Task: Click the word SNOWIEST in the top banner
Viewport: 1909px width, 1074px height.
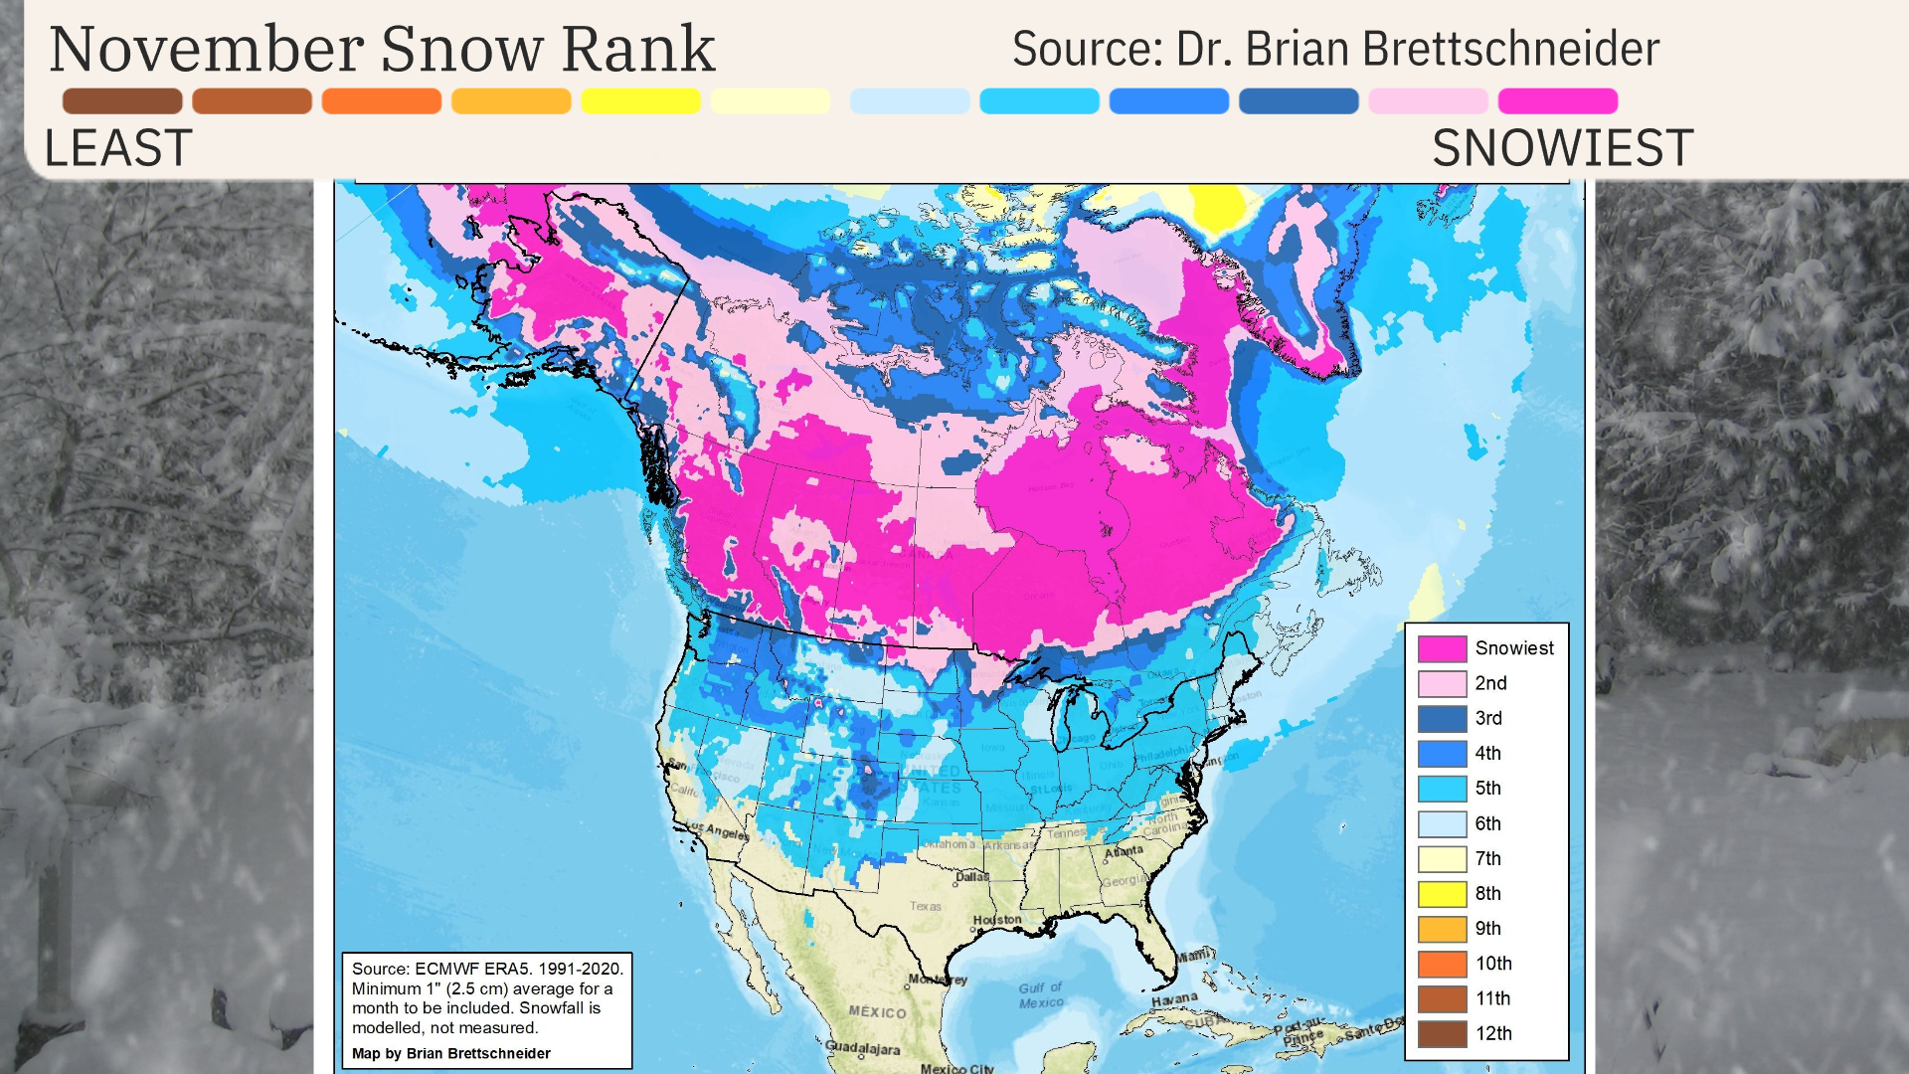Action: (x=1562, y=148)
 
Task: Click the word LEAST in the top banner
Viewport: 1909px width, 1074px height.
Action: (x=117, y=148)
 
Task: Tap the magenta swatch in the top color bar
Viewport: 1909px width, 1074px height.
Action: (x=1557, y=100)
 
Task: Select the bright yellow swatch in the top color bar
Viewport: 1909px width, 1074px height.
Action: (x=640, y=100)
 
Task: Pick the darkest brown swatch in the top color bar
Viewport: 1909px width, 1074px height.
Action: (x=122, y=100)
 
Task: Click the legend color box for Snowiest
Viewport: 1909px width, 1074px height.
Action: (x=1442, y=648)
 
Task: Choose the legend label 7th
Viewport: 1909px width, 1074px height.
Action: (x=1487, y=858)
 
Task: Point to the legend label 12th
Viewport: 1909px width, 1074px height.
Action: (x=1492, y=1033)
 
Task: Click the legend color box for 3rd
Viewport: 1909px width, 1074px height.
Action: (x=1442, y=718)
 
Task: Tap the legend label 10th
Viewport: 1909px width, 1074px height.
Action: (x=1492, y=963)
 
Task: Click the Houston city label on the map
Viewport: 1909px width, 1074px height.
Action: (x=996, y=920)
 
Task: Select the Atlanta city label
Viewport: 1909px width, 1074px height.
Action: (x=1124, y=851)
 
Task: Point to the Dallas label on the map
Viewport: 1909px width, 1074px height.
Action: (x=971, y=877)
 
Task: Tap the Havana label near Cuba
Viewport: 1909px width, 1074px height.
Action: (x=1174, y=998)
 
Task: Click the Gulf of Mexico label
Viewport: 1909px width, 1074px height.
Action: (x=1040, y=995)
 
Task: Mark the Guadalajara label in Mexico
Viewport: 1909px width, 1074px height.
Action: (x=862, y=1048)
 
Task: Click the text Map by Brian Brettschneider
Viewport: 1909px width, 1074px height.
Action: (x=450, y=1053)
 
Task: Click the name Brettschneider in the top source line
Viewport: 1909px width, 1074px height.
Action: (x=1510, y=49)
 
